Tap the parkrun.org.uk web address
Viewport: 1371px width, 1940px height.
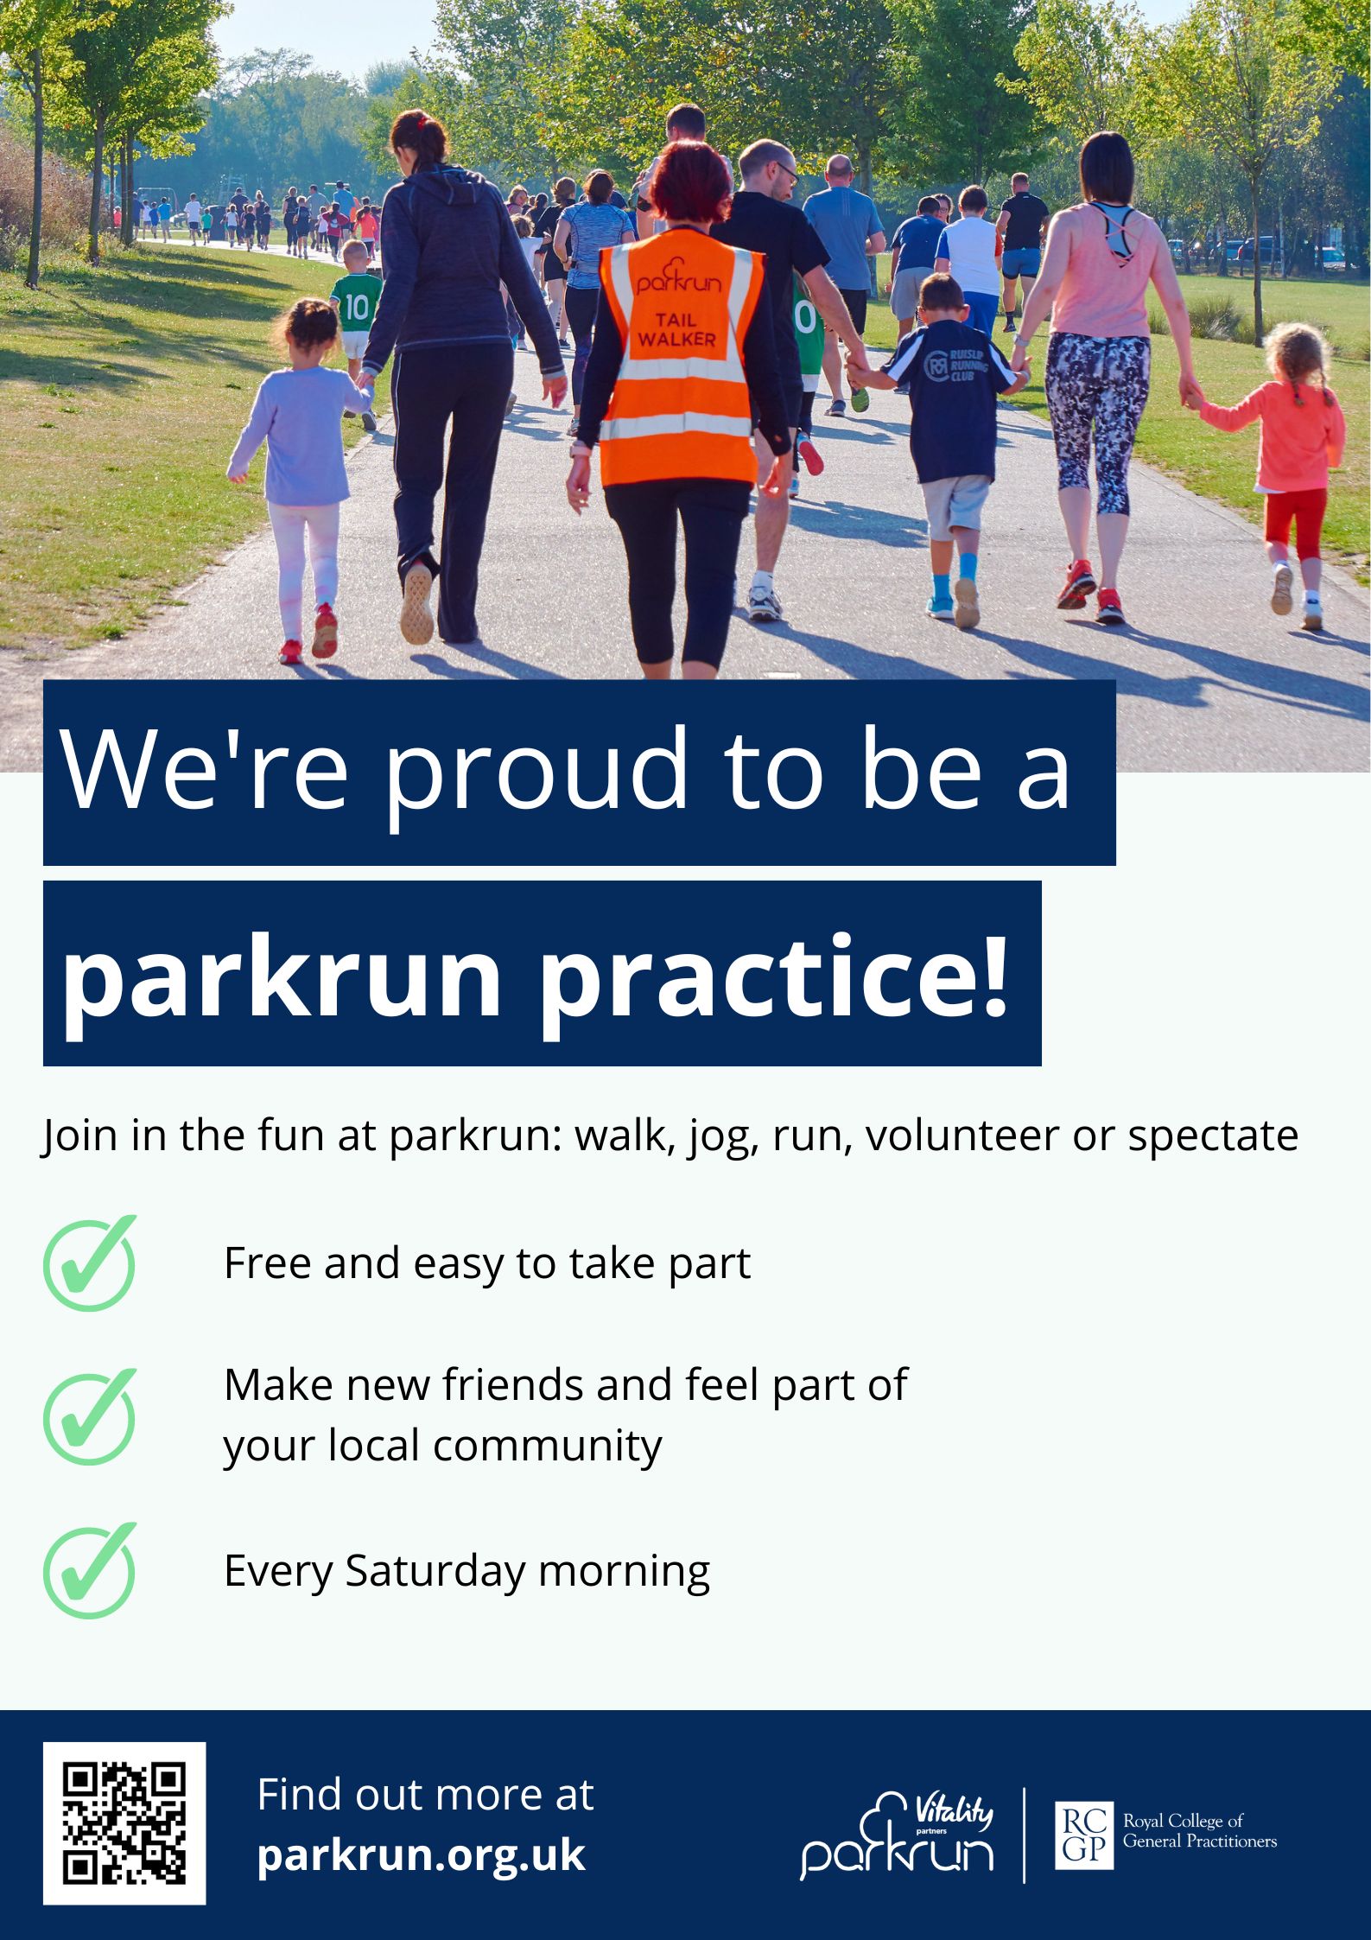pos(422,1854)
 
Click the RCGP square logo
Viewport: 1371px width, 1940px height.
pos(1084,1834)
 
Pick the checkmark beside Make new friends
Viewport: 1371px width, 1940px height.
pos(90,1416)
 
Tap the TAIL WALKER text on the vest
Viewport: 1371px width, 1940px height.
pos(676,330)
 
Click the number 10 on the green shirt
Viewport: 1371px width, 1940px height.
pos(357,307)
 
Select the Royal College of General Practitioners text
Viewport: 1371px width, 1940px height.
pos(1199,1833)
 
